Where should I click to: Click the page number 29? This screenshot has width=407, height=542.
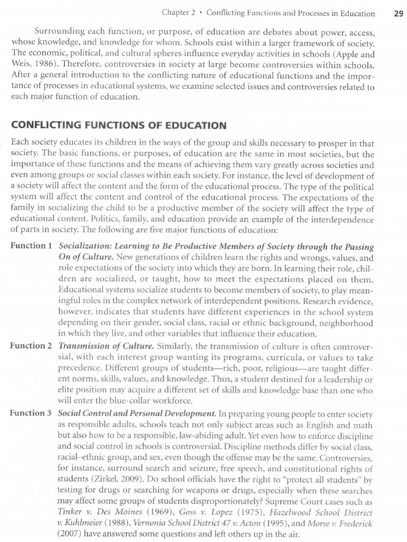click(399, 14)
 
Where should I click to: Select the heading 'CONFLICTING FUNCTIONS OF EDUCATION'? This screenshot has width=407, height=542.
click(119, 125)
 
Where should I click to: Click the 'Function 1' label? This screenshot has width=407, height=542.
click(31, 246)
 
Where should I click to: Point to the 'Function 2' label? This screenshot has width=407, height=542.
click(31, 346)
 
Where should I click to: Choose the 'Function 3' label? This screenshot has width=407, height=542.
click(31, 412)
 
